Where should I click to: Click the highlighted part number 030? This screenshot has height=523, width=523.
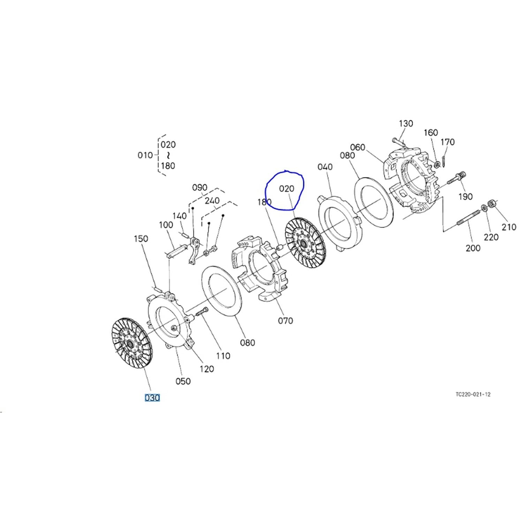tap(152, 397)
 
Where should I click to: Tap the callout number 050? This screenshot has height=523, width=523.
tap(183, 381)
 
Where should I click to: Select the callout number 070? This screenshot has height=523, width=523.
tap(285, 320)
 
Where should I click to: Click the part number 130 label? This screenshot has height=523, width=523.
tap(406, 123)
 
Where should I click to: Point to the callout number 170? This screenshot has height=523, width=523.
tap(448, 142)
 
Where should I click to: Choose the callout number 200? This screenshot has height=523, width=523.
tap(473, 248)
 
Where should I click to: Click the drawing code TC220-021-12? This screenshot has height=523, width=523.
tap(473, 394)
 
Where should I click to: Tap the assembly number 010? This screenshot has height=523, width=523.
tap(145, 155)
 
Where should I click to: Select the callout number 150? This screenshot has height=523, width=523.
tap(141, 239)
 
